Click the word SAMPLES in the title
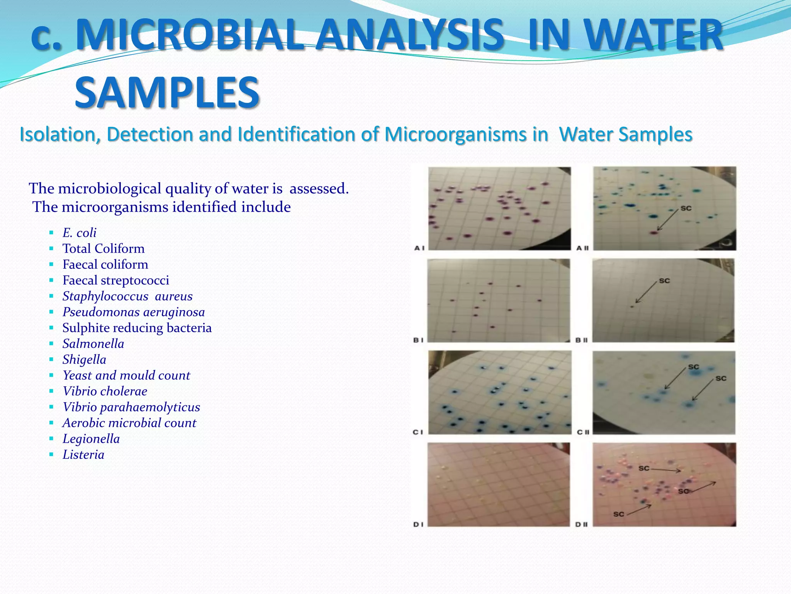(167, 93)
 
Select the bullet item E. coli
(79, 233)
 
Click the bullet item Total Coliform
(104, 249)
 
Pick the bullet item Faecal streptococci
(116, 280)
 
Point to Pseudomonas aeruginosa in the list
(134, 312)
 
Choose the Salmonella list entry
(93, 344)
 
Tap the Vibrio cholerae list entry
(105, 391)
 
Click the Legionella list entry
(91, 439)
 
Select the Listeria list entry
(83, 455)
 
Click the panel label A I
(419, 248)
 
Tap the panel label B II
(582, 340)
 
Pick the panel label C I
(418, 432)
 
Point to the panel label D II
(582, 524)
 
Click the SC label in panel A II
(686, 208)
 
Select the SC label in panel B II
(664, 281)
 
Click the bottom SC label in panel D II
(619, 514)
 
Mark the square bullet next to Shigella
(51, 359)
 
